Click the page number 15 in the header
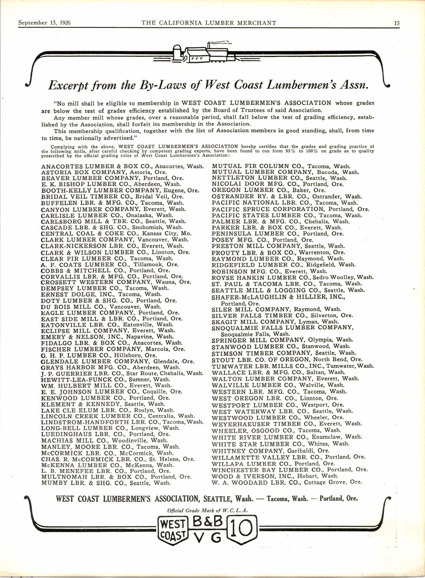(x=397, y=23)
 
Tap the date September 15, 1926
(x=45, y=23)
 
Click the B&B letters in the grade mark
(x=208, y=521)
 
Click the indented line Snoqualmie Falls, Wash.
(x=255, y=334)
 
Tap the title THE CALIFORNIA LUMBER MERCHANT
(x=209, y=23)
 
